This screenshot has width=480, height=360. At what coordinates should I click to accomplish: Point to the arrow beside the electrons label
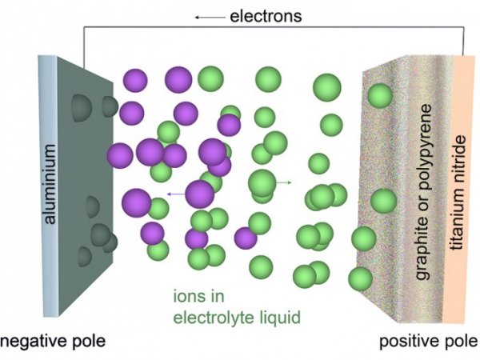coord(210,16)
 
